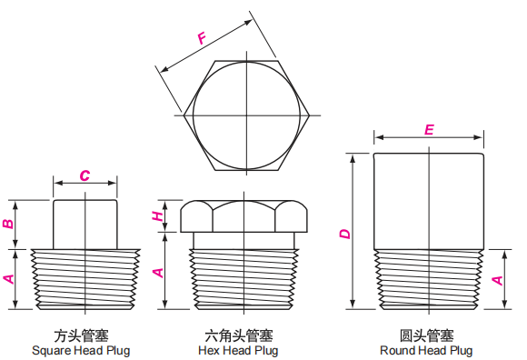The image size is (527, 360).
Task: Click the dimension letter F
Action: (202, 37)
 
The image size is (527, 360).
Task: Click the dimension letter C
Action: (84, 175)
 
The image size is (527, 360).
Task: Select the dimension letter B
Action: (9, 224)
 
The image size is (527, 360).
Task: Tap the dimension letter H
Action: (157, 216)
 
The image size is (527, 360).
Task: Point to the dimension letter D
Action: (344, 234)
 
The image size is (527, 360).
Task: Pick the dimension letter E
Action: (429, 130)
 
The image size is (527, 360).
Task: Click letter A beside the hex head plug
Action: (157, 271)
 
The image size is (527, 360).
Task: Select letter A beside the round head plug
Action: (497, 279)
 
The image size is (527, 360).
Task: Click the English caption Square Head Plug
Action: (81, 350)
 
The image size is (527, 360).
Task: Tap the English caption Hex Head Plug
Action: (238, 350)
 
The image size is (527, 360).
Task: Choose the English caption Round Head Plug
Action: (426, 350)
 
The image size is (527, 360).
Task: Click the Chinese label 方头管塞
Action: (81, 334)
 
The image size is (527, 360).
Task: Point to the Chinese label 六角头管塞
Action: (238, 334)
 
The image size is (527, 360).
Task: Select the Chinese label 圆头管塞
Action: (426, 334)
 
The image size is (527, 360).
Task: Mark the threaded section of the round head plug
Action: (428, 278)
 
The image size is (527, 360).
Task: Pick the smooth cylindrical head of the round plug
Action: (428, 200)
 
